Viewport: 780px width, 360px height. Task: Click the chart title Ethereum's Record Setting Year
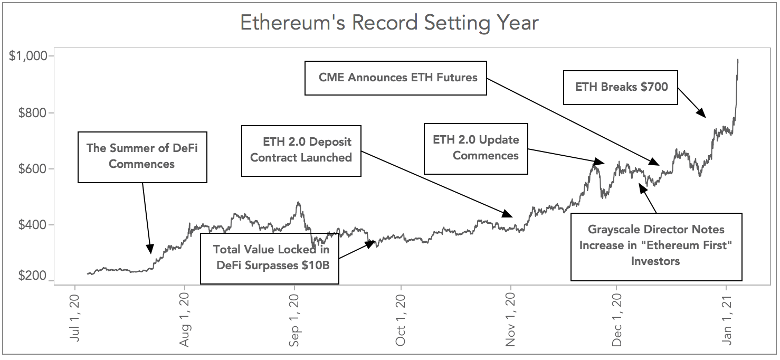389,23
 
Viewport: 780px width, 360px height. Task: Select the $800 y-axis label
33,113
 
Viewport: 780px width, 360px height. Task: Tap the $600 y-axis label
33,169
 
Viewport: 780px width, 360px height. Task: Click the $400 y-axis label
33,225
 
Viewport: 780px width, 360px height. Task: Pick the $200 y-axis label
33,277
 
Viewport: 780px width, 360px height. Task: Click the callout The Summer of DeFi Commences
142,157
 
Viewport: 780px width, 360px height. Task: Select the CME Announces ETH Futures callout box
396,78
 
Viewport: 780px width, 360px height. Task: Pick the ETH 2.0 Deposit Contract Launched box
301,150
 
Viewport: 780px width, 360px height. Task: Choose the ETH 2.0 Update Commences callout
476,148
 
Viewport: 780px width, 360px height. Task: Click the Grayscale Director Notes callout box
656,246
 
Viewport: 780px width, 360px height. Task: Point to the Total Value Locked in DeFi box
270,258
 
